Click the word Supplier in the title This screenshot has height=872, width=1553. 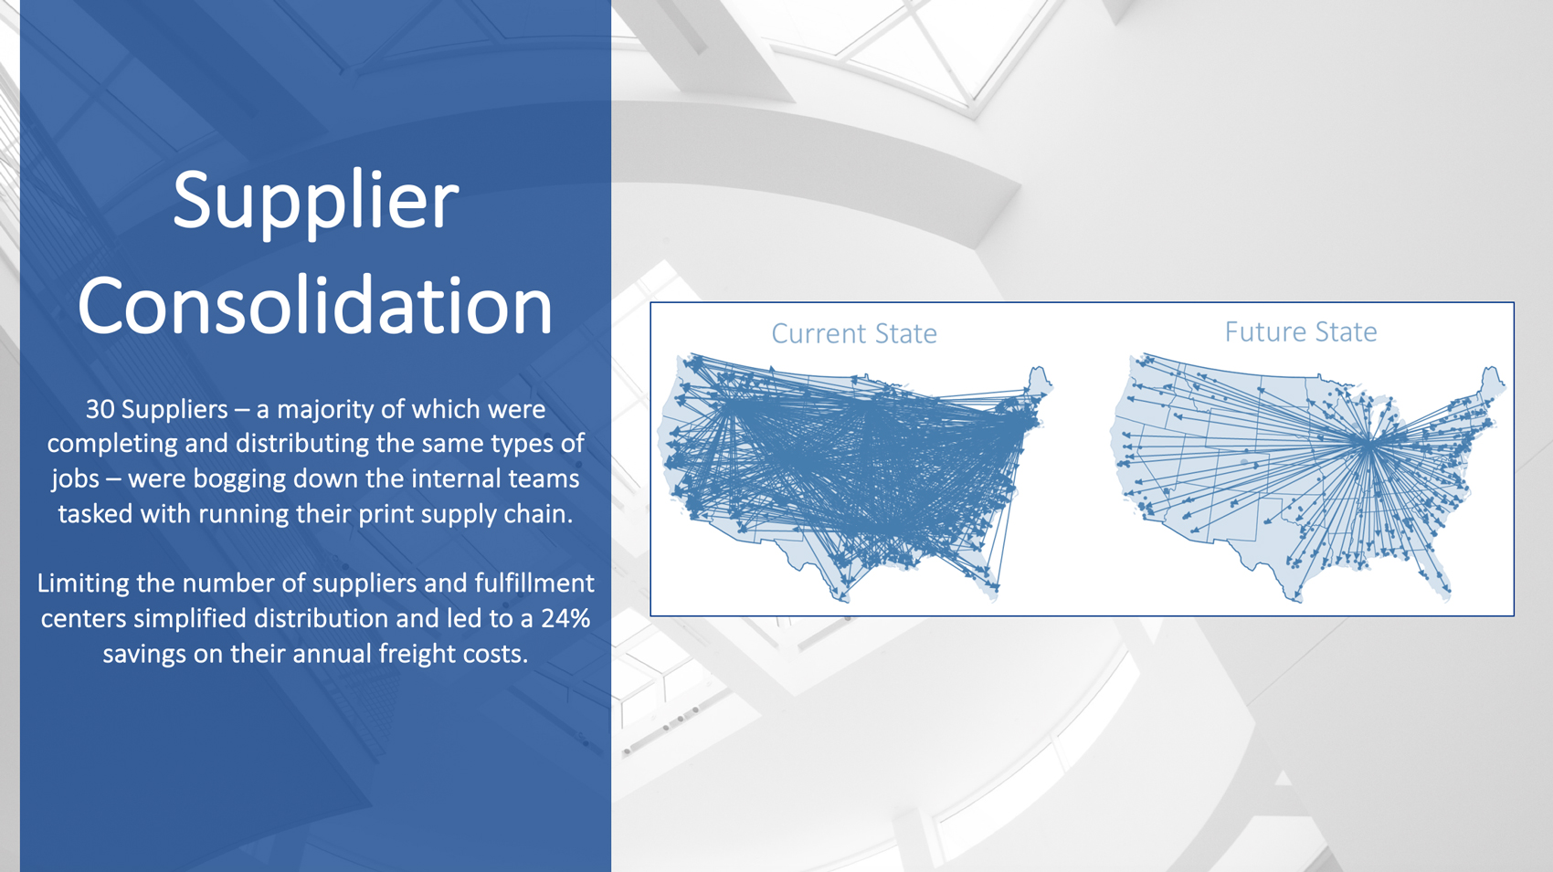pyautogui.click(x=315, y=203)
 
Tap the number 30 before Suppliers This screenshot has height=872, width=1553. pyautogui.click(x=100, y=410)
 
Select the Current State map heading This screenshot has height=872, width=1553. pyautogui.click(x=854, y=334)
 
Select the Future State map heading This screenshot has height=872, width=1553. pyautogui.click(x=1301, y=332)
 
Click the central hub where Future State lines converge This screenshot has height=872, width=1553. pyautogui.click(x=1368, y=446)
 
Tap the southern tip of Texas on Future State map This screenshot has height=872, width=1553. pyautogui.click(x=1295, y=600)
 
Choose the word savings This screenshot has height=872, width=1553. pyautogui.click(x=144, y=655)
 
